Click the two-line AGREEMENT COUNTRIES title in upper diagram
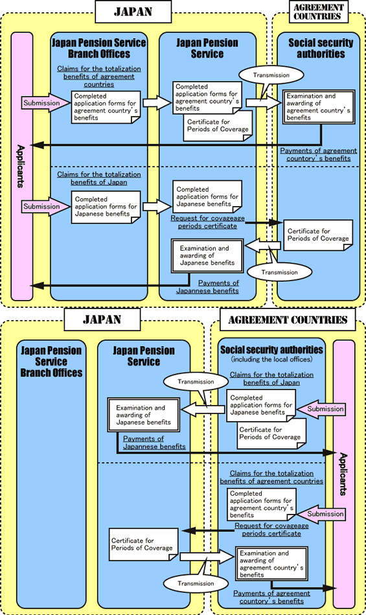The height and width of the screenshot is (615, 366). click(317, 11)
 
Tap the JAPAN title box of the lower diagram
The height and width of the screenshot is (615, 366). click(102, 319)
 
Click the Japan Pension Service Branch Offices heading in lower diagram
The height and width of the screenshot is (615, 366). click(52, 362)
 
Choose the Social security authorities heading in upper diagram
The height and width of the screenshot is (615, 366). click(321, 49)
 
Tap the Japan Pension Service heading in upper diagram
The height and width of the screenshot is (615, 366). click(207, 49)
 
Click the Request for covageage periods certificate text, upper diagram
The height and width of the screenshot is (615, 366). click(212, 222)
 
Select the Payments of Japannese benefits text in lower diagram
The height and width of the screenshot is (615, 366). click(154, 443)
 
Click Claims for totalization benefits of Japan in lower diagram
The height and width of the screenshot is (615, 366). click(271, 378)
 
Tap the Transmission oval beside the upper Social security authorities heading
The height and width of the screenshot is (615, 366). click(266, 75)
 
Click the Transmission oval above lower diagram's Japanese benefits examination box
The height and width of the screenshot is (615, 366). click(195, 382)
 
